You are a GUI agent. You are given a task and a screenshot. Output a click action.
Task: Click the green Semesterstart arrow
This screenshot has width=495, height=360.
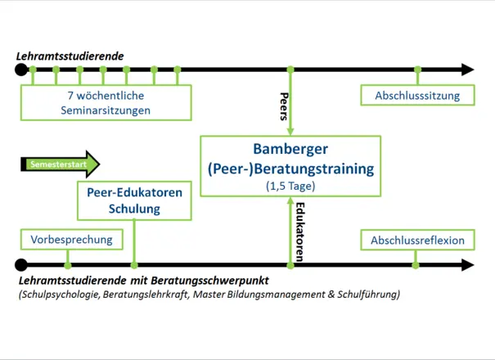60,164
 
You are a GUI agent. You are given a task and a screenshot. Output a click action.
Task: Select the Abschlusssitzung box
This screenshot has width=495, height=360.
416,96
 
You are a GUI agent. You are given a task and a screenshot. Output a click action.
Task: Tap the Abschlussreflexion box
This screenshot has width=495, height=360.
416,241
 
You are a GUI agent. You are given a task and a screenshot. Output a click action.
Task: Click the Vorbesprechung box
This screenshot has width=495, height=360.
70,240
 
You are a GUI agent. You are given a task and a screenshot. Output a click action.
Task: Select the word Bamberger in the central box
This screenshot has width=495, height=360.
290,150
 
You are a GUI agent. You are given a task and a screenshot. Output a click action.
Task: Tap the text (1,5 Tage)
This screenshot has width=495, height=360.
290,186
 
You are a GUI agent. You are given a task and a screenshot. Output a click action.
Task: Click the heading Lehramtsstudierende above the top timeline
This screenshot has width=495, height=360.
70,56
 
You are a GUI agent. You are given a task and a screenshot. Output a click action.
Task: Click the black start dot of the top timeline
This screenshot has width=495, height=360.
21,70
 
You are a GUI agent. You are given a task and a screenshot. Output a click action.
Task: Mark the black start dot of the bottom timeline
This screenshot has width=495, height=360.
21,264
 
